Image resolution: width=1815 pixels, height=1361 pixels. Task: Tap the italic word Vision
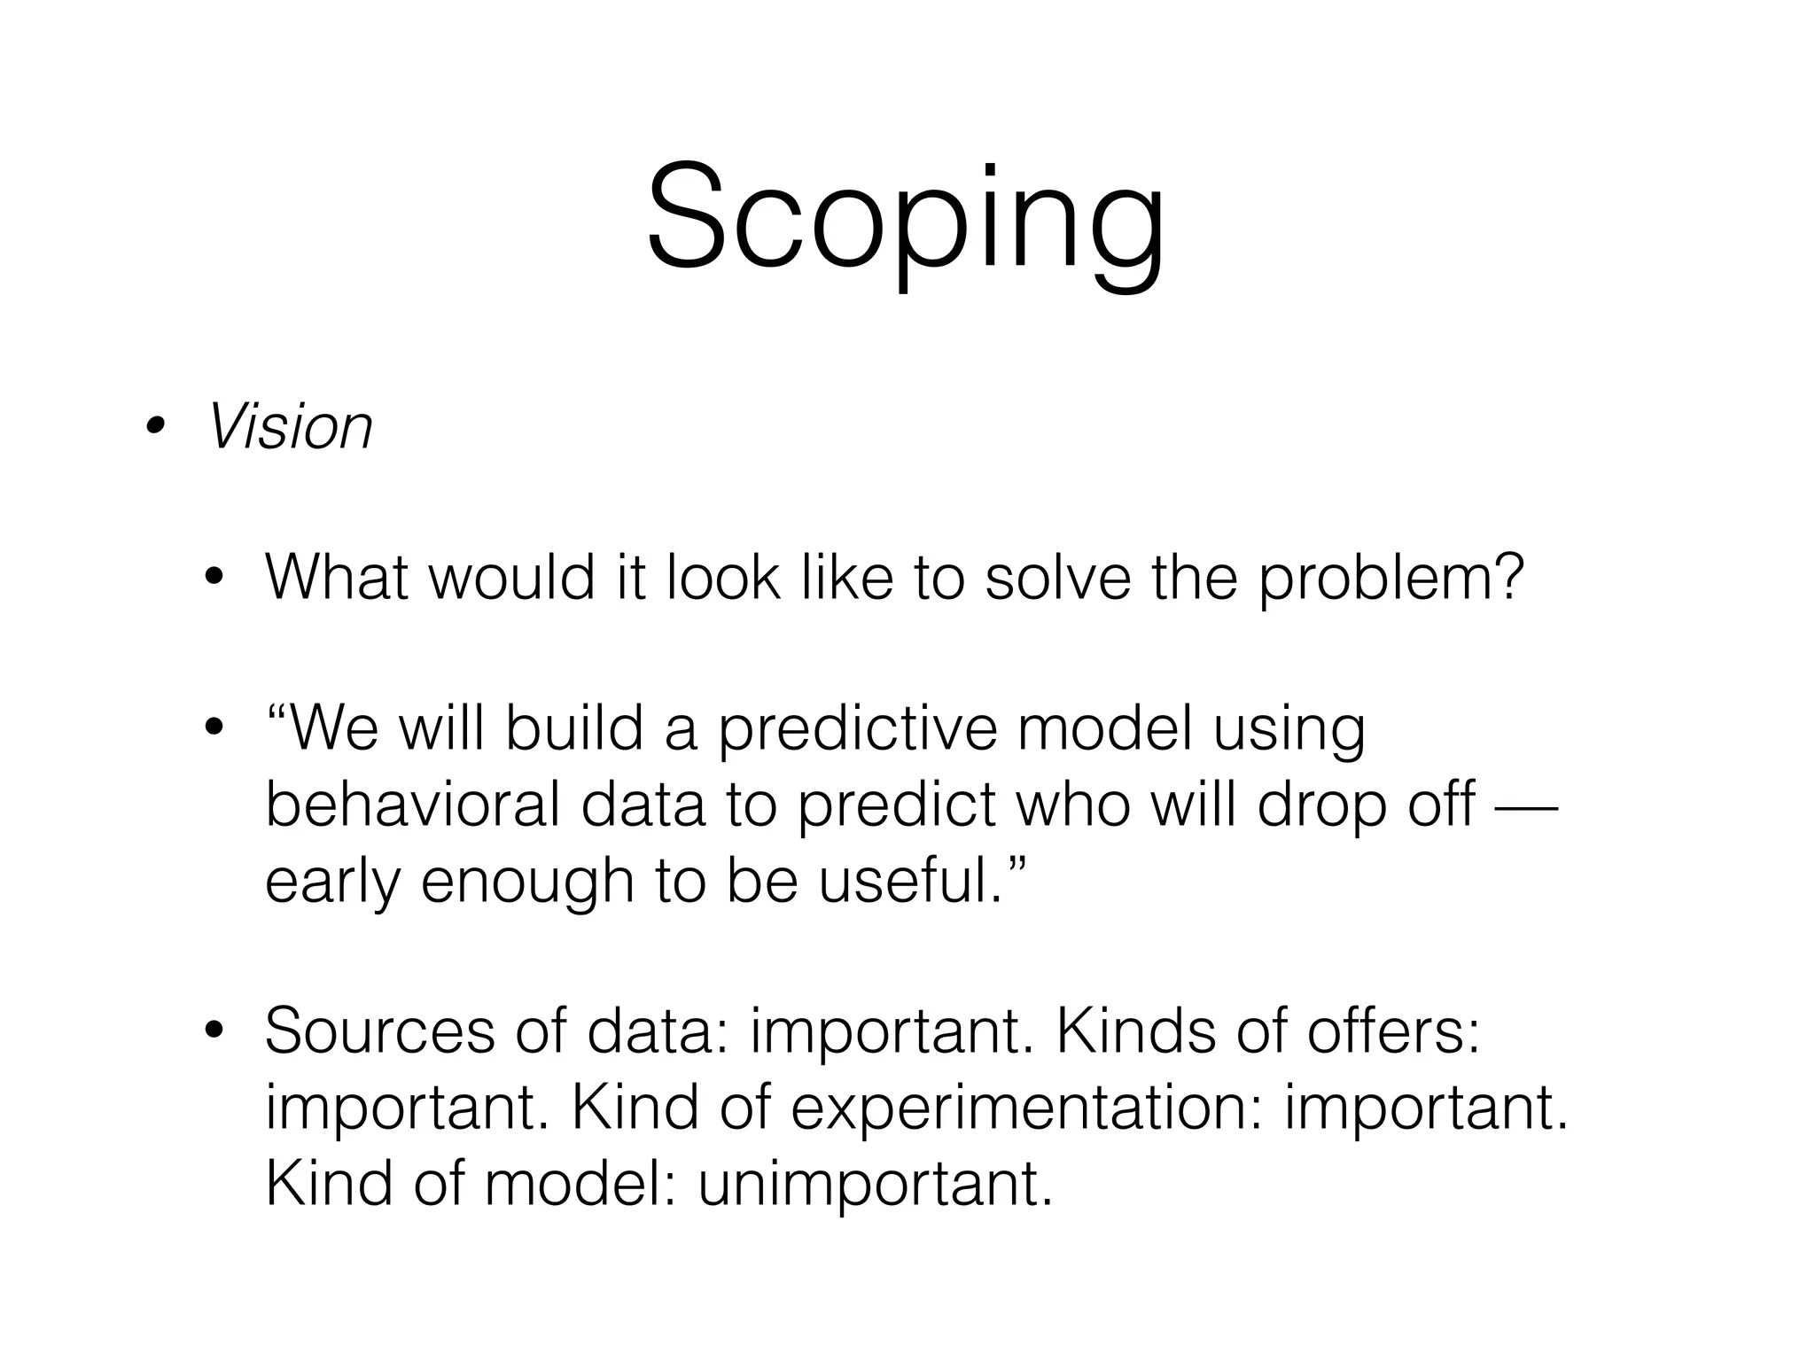coord(290,427)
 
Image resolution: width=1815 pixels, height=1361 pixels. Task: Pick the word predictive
coord(857,730)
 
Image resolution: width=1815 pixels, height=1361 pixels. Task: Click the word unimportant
coord(875,1183)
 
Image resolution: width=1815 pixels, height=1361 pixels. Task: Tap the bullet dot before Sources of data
coord(213,1031)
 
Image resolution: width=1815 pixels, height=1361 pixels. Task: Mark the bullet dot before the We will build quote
coord(213,730)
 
